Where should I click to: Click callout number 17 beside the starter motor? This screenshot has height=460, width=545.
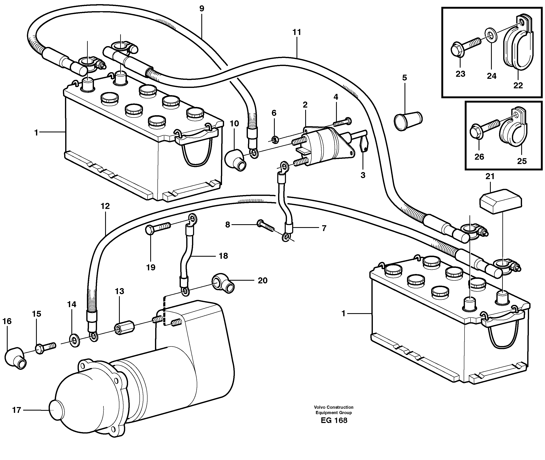(x=16, y=410)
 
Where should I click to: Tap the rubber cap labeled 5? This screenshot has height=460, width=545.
(x=408, y=121)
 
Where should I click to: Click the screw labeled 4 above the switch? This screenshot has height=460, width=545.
(x=343, y=122)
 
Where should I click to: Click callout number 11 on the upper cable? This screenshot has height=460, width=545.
(x=297, y=32)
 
